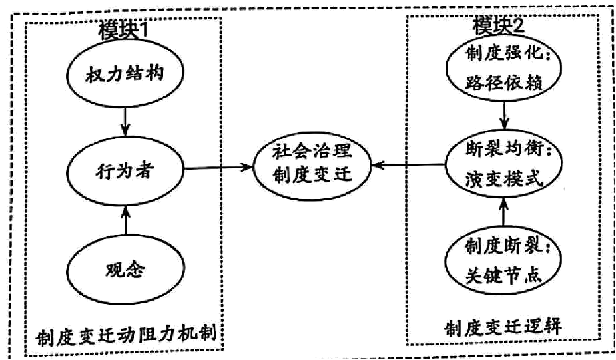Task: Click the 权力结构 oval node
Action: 125,74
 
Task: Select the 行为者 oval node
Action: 125,171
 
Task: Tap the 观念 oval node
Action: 125,270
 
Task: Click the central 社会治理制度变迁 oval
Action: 312,164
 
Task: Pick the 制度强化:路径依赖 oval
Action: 503,67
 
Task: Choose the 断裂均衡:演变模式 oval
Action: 503,164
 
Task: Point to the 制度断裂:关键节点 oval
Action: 503,261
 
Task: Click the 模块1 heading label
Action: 123,29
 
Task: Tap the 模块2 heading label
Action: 499,25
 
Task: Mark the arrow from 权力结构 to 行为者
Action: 125,122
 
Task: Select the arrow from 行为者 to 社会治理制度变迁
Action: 218,168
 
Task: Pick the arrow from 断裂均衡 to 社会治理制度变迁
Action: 409,165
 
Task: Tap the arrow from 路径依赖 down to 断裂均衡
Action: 504,116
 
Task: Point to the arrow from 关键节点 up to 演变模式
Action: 503,212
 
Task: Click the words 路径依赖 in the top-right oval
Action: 503,83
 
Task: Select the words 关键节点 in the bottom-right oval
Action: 503,275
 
